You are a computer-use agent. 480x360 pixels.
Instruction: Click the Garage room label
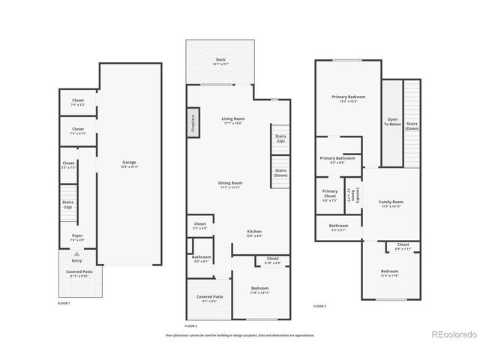point(130,163)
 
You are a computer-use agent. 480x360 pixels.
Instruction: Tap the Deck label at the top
point(220,59)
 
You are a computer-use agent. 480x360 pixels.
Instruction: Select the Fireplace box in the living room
point(193,121)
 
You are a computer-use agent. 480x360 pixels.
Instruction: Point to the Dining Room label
point(231,183)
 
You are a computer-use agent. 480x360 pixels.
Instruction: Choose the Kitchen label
point(254,232)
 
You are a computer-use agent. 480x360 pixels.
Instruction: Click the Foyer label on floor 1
point(77,235)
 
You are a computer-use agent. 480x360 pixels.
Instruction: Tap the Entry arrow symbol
point(76,254)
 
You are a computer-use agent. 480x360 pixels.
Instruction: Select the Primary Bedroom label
point(348,97)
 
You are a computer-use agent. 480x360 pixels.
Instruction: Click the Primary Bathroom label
point(337,158)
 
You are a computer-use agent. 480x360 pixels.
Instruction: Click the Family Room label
point(391,202)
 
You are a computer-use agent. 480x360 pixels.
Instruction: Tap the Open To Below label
point(392,121)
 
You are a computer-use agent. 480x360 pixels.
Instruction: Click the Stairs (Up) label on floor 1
point(67,204)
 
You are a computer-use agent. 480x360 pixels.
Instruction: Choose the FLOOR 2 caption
point(190,326)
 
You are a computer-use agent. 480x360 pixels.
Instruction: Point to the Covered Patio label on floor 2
point(210,297)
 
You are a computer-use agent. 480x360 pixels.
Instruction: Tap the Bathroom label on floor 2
point(201,258)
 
